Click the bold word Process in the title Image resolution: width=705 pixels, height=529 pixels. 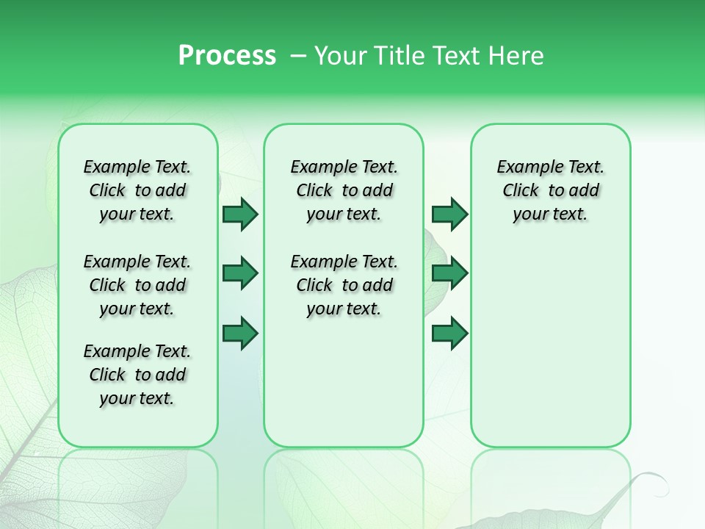227,56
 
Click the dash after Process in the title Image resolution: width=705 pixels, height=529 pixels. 297,57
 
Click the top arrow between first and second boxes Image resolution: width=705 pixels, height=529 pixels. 240,215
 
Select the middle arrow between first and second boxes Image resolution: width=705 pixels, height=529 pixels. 240,273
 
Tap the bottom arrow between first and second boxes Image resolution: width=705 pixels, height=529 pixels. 240,334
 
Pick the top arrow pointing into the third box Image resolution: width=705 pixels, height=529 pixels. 449,215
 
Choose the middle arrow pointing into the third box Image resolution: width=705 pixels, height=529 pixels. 449,273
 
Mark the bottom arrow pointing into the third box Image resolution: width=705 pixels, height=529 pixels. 449,334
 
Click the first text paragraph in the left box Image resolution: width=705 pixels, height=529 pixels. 137,190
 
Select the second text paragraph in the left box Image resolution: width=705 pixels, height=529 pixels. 137,285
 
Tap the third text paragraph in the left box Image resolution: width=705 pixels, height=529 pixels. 137,375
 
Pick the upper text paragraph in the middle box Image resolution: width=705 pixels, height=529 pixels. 344,190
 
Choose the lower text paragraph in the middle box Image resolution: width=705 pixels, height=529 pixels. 344,285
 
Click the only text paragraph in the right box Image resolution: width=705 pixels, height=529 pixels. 550,190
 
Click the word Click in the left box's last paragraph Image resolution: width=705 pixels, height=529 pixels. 107,375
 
